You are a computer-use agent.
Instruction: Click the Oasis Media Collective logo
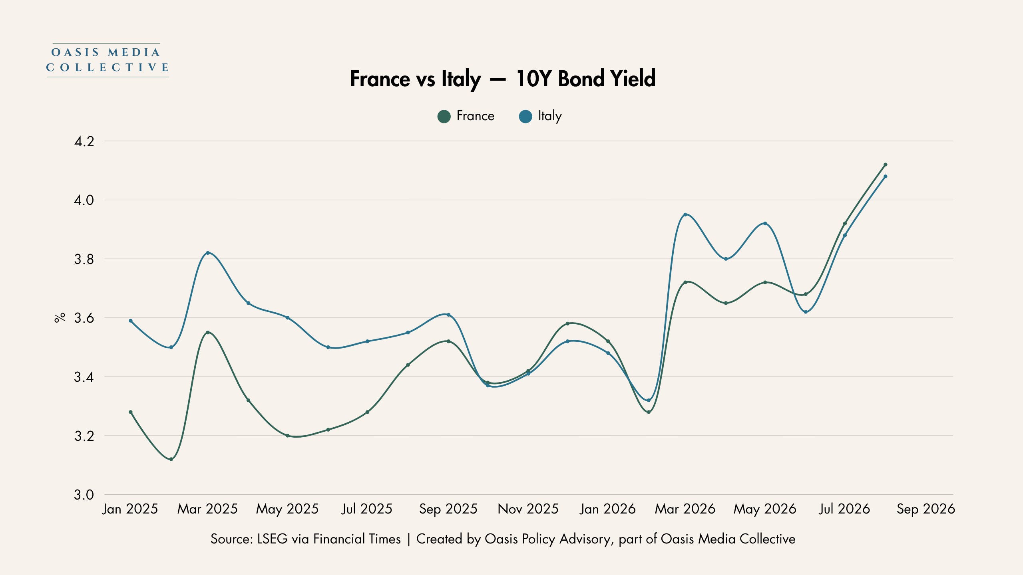pyautogui.click(x=107, y=60)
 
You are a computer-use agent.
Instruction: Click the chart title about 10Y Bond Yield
pyautogui.click(x=503, y=79)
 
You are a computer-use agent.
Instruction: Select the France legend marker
pyautogui.click(x=444, y=116)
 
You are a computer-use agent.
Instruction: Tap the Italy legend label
pyautogui.click(x=550, y=116)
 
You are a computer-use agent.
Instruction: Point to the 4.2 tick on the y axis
pyautogui.click(x=84, y=141)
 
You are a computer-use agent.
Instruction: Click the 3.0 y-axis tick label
pyautogui.click(x=84, y=495)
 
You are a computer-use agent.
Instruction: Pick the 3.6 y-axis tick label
pyautogui.click(x=84, y=318)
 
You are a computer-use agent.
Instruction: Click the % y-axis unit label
pyautogui.click(x=60, y=318)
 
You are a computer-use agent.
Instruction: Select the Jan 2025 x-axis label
pyautogui.click(x=130, y=509)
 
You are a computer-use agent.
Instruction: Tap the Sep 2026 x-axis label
pyautogui.click(x=925, y=509)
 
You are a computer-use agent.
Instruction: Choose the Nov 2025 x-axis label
pyautogui.click(x=528, y=509)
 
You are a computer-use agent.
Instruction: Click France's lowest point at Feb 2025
pyautogui.click(x=171, y=459)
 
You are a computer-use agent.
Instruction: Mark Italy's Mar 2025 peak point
pyautogui.click(x=208, y=253)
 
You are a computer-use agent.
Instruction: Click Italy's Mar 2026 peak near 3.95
pyautogui.click(x=685, y=214)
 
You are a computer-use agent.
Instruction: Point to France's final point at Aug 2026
pyautogui.click(x=886, y=165)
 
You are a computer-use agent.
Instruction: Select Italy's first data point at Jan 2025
pyautogui.click(x=131, y=321)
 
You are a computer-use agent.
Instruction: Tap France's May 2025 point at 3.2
pyautogui.click(x=287, y=436)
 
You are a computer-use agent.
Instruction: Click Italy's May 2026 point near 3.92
pyautogui.click(x=765, y=223)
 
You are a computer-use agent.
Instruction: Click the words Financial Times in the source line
pyautogui.click(x=357, y=539)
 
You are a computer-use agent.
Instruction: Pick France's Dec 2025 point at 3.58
pyautogui.click(x=567, y=323)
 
